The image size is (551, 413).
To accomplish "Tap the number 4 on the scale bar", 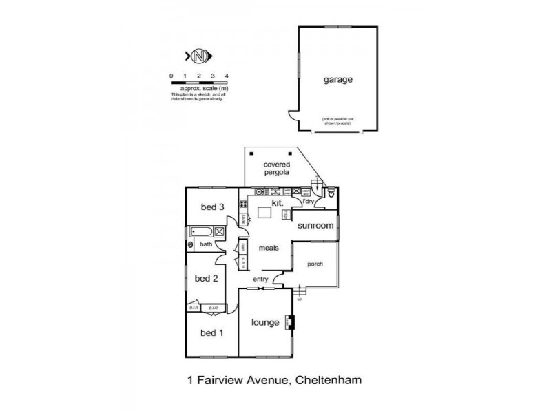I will (x=227, y=75).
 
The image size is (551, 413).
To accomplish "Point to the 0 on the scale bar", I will (x=171, y=75).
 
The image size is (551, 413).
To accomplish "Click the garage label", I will (x=338, y=79).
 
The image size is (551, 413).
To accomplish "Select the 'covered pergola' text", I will (x=277, y=169).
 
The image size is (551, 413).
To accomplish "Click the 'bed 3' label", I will (x=212, y=206).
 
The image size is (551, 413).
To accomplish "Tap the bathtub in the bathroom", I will (x=201, y=232).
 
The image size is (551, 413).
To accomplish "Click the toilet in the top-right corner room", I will (x=331, y=193).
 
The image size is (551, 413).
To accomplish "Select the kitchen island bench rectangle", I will (x=264, y=213).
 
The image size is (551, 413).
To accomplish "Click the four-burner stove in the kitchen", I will (x=243, y=204).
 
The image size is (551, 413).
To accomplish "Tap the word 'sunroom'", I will (x=316, y=225).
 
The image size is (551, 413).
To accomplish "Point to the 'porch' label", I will (x=315, y=264).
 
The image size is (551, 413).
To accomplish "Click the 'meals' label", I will (x=269, y=248).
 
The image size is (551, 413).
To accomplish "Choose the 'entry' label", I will (x=260, y=279).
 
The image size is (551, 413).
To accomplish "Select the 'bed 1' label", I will (x=212, y=333).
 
